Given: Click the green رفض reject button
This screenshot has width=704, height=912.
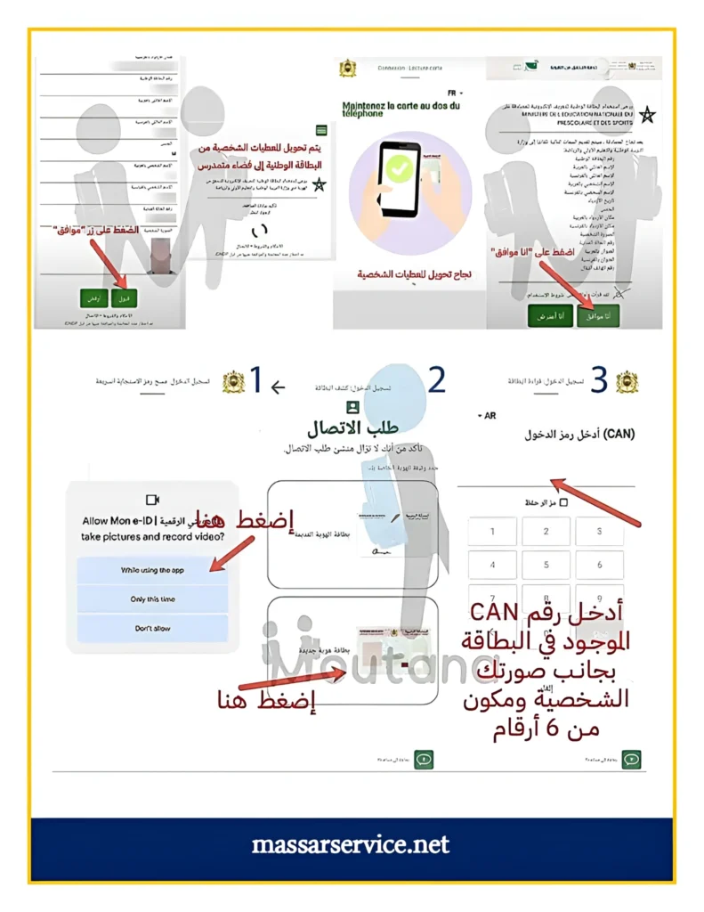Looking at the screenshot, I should pyautogui.click(x=93, y=298).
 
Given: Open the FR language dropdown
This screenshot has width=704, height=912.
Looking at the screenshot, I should pyautogui.click(x=456, y=93).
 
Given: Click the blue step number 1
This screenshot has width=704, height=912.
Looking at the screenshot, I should pyautogui.click(x=255, y=381).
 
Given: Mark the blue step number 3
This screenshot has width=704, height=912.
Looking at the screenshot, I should pyautogui.click(x=599, y=380).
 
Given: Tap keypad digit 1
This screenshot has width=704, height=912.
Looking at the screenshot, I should pyautogui.click(x=491, y=532).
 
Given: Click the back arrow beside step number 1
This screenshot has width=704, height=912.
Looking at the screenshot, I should pyautogui.click(x=278, y=387).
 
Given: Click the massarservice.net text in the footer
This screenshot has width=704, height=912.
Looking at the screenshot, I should pyautogui.click(x=352, y=843).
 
